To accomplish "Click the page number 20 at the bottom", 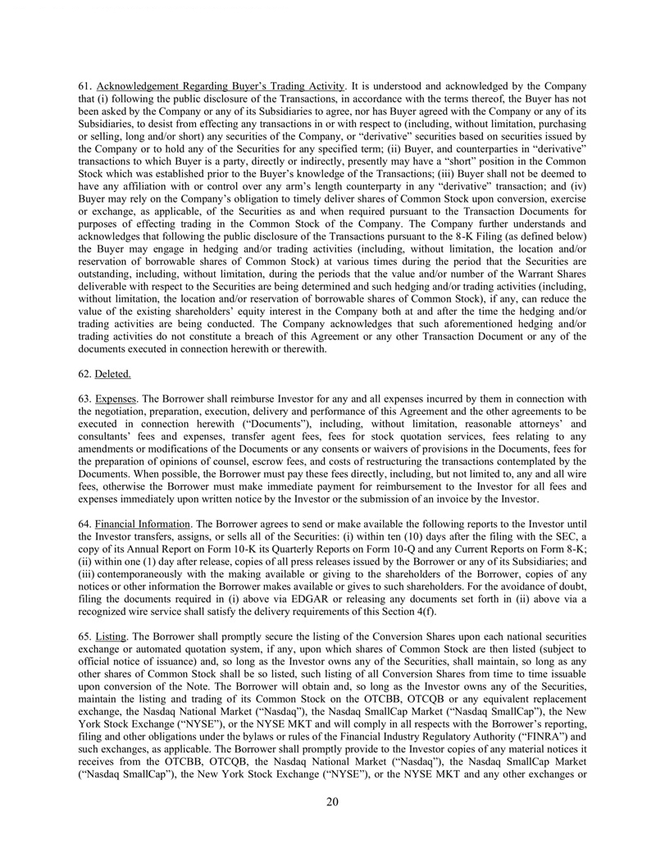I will point(332,802).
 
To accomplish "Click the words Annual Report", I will point(148,547).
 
